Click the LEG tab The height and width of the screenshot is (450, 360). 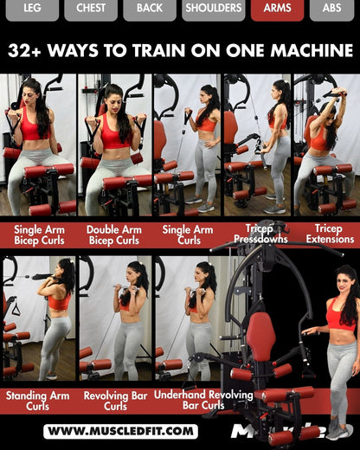(32, 9)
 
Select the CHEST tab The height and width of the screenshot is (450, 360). (91, 9)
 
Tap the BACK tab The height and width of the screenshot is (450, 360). (149, 9)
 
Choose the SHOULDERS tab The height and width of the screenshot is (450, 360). (214, 9)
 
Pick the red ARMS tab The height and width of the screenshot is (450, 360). (277, 9)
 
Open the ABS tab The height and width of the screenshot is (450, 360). (331, 9)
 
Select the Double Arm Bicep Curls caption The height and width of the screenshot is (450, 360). (114, 235)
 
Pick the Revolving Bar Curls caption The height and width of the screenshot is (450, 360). (114, 400)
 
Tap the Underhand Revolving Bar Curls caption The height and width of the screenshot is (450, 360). (190, 400)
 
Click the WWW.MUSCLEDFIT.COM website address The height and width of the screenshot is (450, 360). (120, 431)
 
